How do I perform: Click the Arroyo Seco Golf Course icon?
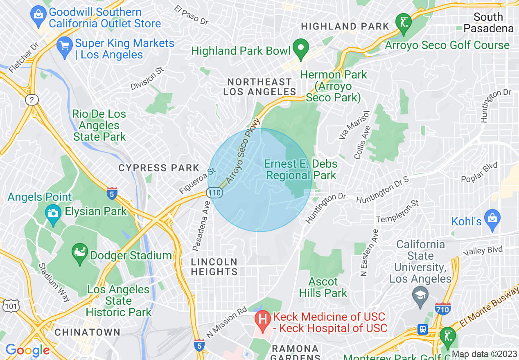404,22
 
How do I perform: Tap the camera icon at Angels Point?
53,213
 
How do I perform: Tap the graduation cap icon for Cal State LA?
420,295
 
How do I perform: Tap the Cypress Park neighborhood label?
158,168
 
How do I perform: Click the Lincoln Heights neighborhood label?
214,267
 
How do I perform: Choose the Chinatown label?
88,332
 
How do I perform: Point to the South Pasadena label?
488,22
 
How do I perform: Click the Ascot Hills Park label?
323,287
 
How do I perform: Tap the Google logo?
27,350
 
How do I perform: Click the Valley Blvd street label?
480,251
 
